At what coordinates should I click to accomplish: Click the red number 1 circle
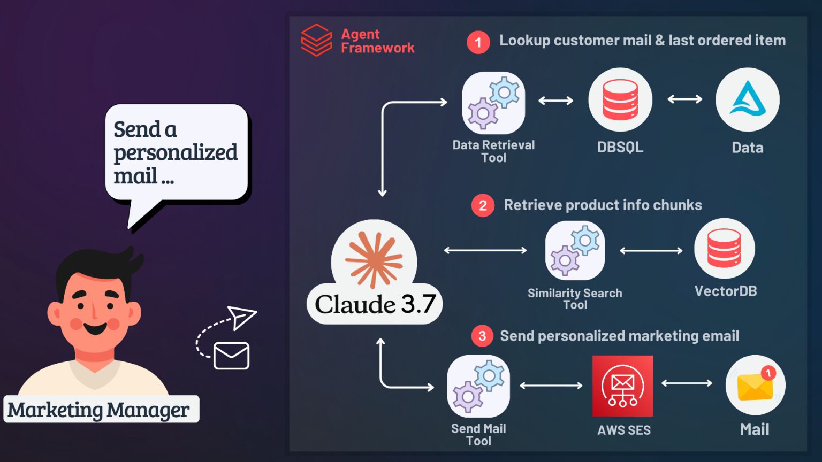click(478, 43)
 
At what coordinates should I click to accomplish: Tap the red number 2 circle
click(483, 206)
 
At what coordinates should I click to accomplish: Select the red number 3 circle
click(482, 336)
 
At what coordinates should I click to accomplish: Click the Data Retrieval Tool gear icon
click(493, 103)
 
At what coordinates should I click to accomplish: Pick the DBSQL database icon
click(620, 100)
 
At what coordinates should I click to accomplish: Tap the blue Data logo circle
click(748, 100)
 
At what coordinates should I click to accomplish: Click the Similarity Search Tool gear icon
click(575, 250)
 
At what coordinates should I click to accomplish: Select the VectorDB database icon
click(725, 249)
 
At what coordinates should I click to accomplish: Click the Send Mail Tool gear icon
click(478, 386)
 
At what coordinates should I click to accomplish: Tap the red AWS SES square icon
click(623, 386)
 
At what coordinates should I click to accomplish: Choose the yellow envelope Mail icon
click(755, 385)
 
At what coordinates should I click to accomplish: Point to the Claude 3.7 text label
click(375, 304)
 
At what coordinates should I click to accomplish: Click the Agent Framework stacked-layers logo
click(316, 40)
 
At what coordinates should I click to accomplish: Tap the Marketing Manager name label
click(101, 410)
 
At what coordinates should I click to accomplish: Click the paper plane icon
click(241, 318)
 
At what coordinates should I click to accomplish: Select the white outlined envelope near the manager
click(231, 356)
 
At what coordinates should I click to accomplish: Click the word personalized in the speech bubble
click(176, 153)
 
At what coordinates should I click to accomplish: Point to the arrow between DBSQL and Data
click(684, 99)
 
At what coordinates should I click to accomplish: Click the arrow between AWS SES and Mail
click(687, 383)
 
